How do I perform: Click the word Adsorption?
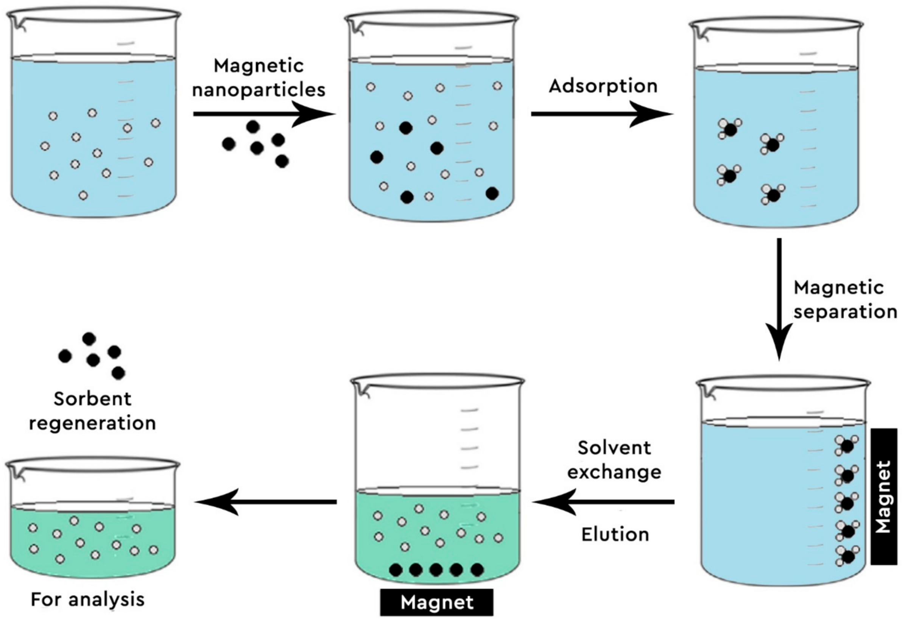[603, 86]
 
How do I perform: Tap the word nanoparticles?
[259, 90]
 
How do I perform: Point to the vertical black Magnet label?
[884, 496]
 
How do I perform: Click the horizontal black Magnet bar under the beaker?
[436, 602]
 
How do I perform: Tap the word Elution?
[615, 535]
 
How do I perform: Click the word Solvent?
[614, 448]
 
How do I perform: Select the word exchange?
[614, 472]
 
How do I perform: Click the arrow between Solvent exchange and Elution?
[603, 502]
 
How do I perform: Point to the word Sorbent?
[93, 399]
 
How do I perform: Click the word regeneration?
[93, 423]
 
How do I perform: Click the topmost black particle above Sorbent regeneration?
[89, 339]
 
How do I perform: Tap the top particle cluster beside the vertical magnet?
[846, 445]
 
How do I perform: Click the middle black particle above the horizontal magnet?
[436, 570]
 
